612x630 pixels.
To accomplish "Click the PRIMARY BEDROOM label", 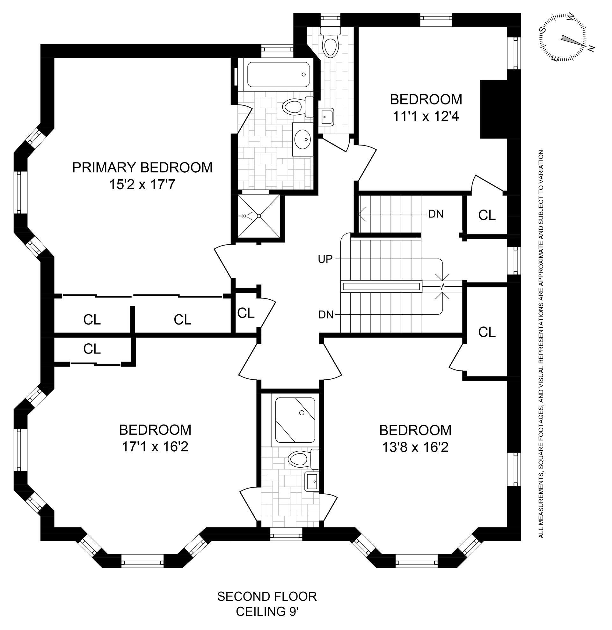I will (x=142, y=168).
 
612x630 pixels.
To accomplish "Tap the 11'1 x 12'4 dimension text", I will (x=426, y=116).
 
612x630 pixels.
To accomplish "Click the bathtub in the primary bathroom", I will (x=279, y=75).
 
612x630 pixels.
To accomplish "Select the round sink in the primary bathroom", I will (x=302, y=139).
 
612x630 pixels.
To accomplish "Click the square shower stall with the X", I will (x=259, y=216).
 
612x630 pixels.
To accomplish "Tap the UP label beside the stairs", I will (x=325, y=259).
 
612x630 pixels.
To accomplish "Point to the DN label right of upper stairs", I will (x=436, y=214).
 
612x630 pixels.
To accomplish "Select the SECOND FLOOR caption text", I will (x=267, y=596).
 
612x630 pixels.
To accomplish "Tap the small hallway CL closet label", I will (x=246, y=313).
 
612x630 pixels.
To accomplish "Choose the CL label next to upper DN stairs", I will (x=487, y=215).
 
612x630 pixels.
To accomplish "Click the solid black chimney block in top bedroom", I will (x=493, y=109).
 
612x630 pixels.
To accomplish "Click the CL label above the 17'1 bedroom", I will (x=92, y=349).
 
